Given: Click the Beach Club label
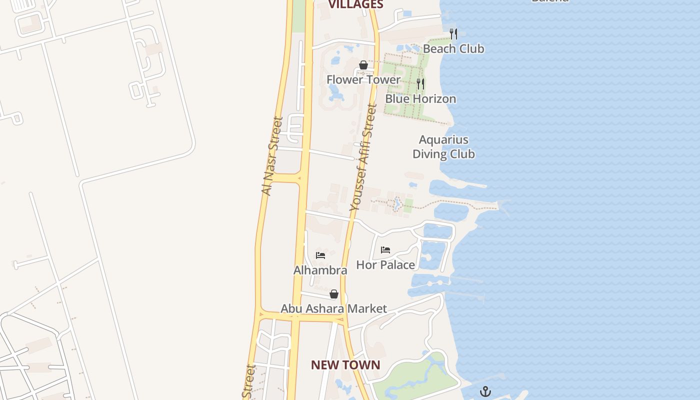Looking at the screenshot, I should pos(453,48).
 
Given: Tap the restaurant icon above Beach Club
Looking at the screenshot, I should pos(453,34).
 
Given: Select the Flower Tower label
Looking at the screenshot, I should pos(363,79).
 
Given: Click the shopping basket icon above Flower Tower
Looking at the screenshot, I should pos(363,65).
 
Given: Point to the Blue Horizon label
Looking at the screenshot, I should pos(420,98).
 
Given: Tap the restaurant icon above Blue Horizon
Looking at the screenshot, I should pos(420,84).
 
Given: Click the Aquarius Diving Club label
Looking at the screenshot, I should pos(443,146).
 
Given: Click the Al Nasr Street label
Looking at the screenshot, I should pos(272,156).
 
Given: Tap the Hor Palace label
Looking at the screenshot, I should pos(385,264).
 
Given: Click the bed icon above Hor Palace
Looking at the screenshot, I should pos(385,249).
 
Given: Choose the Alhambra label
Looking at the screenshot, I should pos(320,270).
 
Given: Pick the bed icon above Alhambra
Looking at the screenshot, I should pos(320,255).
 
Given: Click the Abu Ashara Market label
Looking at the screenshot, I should pos(333,308).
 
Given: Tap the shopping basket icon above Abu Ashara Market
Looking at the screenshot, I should pos(334,293).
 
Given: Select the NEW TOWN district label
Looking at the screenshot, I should pos(345,365).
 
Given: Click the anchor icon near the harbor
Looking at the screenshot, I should pos(485,391).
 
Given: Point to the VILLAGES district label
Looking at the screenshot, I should pos(355,4).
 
